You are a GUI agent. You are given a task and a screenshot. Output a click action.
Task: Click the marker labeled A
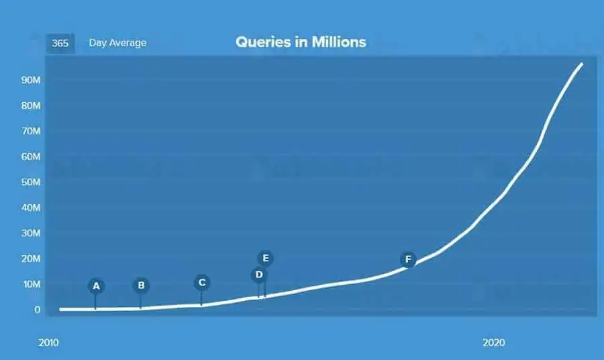96,286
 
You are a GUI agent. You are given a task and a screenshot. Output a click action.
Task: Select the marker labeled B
141,285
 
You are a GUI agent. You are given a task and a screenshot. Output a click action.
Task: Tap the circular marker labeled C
202,283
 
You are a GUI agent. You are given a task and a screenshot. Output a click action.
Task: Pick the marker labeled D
259,275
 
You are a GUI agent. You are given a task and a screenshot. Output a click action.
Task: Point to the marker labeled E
265,258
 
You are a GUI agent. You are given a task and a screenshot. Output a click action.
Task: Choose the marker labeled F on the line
408,259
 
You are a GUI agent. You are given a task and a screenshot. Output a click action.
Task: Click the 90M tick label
31,80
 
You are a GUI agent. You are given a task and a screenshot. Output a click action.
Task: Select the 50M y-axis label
31,182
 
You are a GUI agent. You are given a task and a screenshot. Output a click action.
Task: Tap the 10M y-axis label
32,285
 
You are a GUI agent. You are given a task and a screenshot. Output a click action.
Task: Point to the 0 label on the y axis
37,310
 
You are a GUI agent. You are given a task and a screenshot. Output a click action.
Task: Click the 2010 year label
48,343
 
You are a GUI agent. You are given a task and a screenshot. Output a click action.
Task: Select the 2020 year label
494,343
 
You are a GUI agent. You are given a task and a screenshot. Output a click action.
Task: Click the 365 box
60,43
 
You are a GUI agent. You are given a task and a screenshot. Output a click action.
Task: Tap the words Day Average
117,43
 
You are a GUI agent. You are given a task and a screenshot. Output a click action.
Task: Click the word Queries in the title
263,42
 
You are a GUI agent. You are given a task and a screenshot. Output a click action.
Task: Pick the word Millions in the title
339,42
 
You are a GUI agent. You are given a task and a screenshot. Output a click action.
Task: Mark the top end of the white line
582,64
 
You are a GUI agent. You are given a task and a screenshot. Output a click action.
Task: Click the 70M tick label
31,132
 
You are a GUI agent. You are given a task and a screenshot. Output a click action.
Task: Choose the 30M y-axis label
31,233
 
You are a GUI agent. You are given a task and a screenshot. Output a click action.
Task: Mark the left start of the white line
60,309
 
